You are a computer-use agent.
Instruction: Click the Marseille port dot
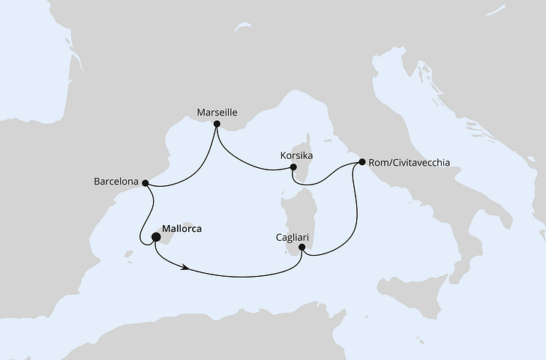217,124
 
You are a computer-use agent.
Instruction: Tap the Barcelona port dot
146,182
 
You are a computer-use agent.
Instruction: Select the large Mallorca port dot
157,238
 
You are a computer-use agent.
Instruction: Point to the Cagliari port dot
302,246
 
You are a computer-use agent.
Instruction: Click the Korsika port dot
294,167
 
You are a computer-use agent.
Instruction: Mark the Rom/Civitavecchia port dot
362,162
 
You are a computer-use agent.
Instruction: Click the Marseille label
217,112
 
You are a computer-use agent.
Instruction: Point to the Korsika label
295,155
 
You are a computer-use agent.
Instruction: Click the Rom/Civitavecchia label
409,162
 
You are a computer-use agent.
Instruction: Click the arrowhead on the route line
182,266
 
